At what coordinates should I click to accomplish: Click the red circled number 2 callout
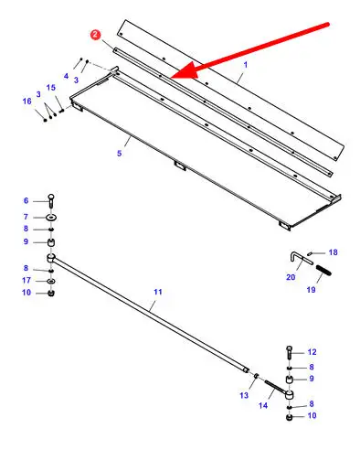pos(96,35)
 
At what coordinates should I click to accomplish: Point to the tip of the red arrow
pos(171,78)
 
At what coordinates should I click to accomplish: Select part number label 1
pos(246,65)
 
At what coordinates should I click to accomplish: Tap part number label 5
pos(120,153)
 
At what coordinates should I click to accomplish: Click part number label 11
pos(158,292)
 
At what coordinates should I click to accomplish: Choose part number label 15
pos(51,88)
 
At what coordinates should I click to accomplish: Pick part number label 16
pos(27,101)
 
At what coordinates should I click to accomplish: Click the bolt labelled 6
pos(51,200)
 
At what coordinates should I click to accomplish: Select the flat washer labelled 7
pos(51,218)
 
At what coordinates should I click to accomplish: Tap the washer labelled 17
pos(51,281)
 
